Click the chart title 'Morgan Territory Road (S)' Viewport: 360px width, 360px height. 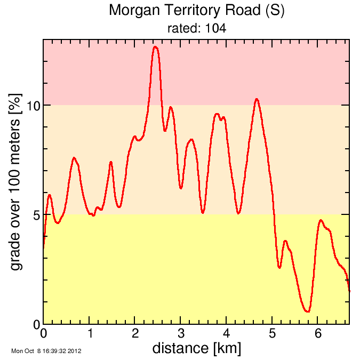click(x=196, y=10)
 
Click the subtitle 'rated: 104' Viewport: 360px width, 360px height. click(x=196, y=29)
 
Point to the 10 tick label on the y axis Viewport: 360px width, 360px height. click(x=33, y=106)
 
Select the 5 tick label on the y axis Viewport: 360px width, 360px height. click(x=36, y=215)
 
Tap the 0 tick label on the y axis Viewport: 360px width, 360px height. click(x=36, y=324)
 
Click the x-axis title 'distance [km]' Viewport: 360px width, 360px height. click(x=196, y=349)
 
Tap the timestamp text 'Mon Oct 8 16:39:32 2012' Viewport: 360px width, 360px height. click(x=46, y=351)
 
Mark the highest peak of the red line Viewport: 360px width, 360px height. click(x=155, y=47)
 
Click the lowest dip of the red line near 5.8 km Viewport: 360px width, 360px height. click(x=307, y=311)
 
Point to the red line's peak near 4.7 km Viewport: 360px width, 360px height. click(x=257, y=99)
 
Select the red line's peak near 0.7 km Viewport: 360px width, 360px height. click(x=74, y=158)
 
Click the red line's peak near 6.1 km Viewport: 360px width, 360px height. click(x=321, y=220)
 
